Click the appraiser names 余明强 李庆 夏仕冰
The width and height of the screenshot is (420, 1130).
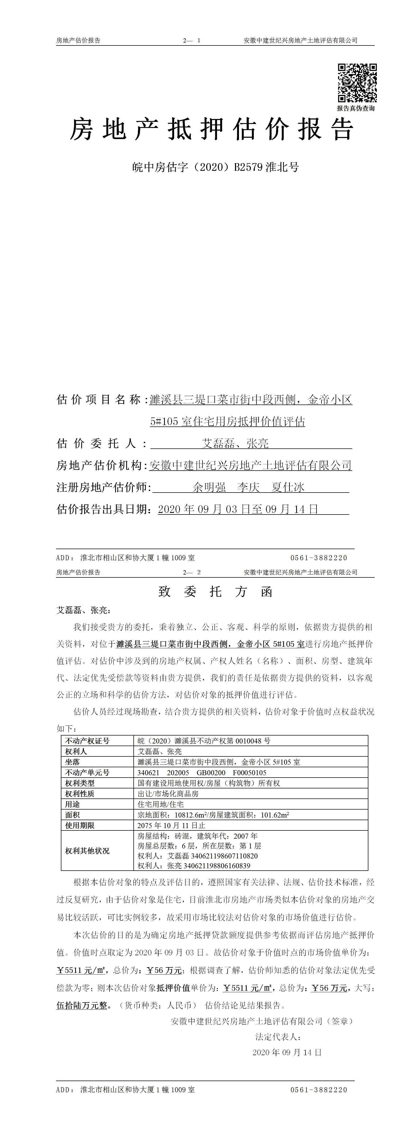click(249, 487)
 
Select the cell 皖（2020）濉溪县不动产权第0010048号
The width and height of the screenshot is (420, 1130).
click(204, 741)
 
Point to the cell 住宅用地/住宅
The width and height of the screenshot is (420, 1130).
click(161, 804)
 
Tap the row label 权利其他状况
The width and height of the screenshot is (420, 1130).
click(87, 851)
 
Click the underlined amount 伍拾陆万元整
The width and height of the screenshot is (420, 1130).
click(82, 1005)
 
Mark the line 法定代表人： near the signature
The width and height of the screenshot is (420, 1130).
click(278, 1037)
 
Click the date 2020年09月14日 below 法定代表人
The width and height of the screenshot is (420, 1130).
click(287, 1052)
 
